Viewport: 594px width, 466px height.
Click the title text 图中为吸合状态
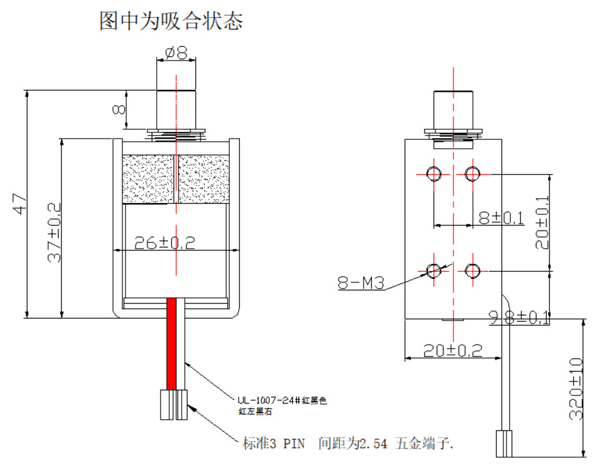171,21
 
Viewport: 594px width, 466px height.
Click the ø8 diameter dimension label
176,52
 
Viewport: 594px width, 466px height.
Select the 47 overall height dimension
20,204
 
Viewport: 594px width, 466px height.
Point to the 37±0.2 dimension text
54,232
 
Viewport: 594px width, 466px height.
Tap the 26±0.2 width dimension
165,243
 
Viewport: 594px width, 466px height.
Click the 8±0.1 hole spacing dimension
502,218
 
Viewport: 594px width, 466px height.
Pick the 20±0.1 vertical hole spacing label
542,222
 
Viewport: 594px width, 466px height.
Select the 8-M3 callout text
360,282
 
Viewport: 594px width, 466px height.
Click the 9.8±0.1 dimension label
519,318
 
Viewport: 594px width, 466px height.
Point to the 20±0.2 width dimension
453,350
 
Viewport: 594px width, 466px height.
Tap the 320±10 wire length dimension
576,389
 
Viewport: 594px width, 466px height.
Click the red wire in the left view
172,344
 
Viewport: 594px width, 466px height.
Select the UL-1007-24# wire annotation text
282,405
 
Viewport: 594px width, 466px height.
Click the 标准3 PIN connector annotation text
348,443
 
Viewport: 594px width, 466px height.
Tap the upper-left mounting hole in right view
433,174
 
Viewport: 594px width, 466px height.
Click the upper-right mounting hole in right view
472,174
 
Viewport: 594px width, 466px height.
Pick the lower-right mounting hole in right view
472,271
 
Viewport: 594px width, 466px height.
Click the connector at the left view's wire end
174,405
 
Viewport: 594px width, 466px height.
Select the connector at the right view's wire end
504,444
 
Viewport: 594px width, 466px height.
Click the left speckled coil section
148,179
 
